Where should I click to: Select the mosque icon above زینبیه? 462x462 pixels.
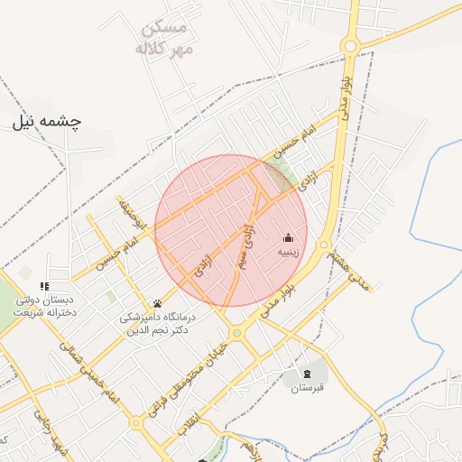tap(288, 237)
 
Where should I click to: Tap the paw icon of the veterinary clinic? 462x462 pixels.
tap(158, 303)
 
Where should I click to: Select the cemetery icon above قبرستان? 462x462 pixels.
tap(308, 374)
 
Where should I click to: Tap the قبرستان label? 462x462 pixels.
tap(307, 389)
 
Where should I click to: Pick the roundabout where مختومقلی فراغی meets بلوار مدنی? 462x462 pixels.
tap(236, 333)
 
